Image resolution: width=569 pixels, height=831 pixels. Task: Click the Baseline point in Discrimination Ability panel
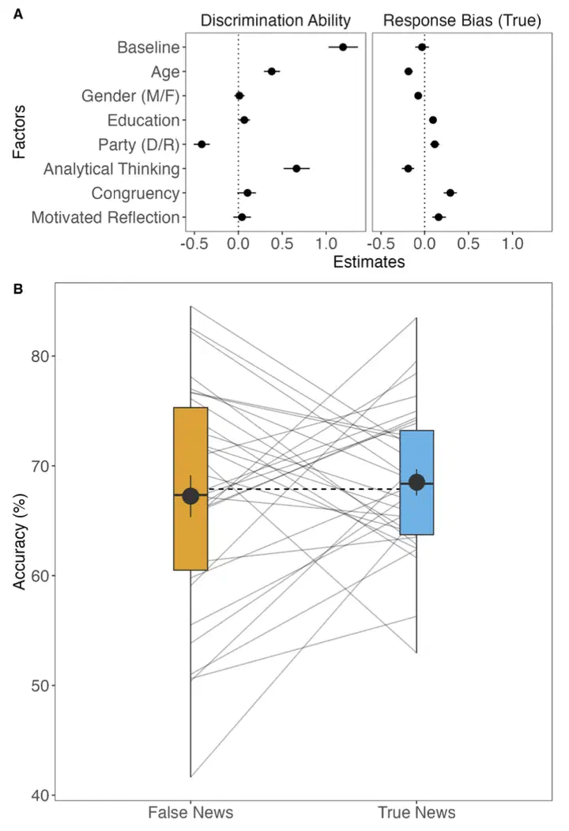[x=343, y=47]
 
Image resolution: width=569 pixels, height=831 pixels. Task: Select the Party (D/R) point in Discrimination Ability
[x=202, y=145]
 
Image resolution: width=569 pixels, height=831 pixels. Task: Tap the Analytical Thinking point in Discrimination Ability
[x=296, y=168]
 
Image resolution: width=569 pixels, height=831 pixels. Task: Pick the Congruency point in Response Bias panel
[x=450, y=193]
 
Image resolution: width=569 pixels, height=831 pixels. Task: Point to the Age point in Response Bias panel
[x=409, y=72]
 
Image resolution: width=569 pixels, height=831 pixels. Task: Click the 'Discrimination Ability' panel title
[x=275, y=21]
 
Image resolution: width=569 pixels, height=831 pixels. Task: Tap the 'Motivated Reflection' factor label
[x=105, y=217]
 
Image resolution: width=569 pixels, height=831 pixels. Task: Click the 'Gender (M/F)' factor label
[x=130, y=96]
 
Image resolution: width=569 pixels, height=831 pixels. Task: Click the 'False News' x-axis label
[x=190, y=813]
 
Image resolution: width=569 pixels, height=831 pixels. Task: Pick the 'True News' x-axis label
[x=416, y=813]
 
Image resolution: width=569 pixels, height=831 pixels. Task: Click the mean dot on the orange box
[x=190, y=496]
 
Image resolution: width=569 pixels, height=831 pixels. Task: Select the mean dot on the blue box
[x=416, y=483]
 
